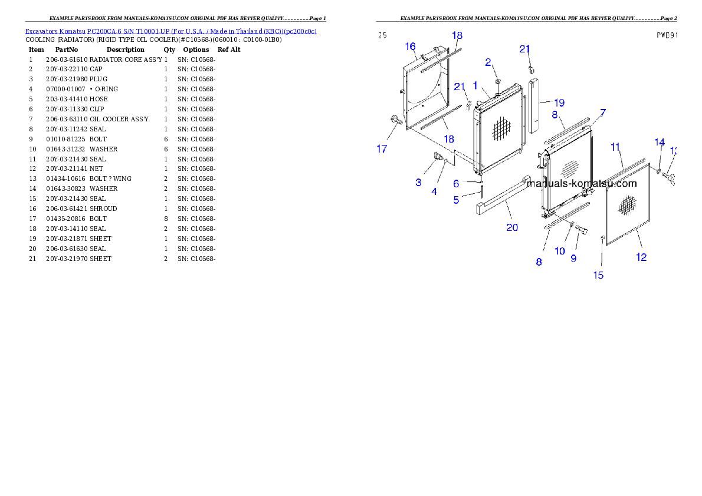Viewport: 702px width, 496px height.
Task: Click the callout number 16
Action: click(411, 47)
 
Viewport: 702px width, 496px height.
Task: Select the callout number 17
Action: click(382, 149)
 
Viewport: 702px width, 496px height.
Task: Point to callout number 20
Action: click(512, 227)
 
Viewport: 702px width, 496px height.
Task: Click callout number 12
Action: click(641, 257)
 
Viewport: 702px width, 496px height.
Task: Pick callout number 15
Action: click(598, 275)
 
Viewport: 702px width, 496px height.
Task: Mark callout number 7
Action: click(603, 112)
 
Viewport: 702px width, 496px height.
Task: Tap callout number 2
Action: click(488, 62)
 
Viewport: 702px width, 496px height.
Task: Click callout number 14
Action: click(660, 142)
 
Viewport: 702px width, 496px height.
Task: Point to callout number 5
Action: click(456, 200)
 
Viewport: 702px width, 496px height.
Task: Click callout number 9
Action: click(573, 258)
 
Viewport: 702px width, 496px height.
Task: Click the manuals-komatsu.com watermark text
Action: click(582, 183)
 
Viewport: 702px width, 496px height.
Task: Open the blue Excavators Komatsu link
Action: click(170, 31)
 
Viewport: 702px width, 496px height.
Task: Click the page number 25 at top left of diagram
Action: click(382, 35)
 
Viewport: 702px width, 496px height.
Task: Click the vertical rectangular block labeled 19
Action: click(536, 104)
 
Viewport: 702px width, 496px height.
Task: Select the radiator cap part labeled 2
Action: click(497, 81)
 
